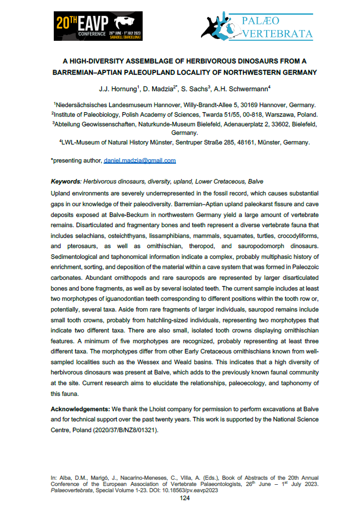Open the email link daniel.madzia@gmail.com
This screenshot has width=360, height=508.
(140, 160)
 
